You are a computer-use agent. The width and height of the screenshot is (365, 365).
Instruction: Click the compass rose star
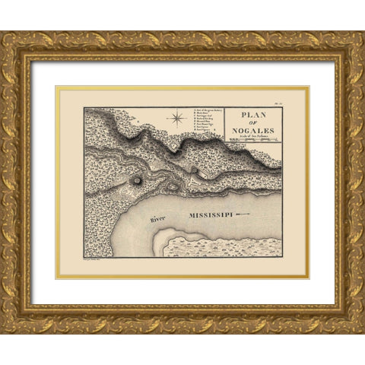[x=177, y=117]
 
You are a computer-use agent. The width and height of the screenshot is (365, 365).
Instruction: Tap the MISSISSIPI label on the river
[x=206, y=216]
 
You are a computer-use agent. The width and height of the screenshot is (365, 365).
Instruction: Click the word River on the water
[x=157, y=219]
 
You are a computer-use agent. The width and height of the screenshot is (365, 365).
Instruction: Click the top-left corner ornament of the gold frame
[x=16, y=46]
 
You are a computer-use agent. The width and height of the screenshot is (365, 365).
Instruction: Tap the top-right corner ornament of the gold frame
[x=349, y=46]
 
